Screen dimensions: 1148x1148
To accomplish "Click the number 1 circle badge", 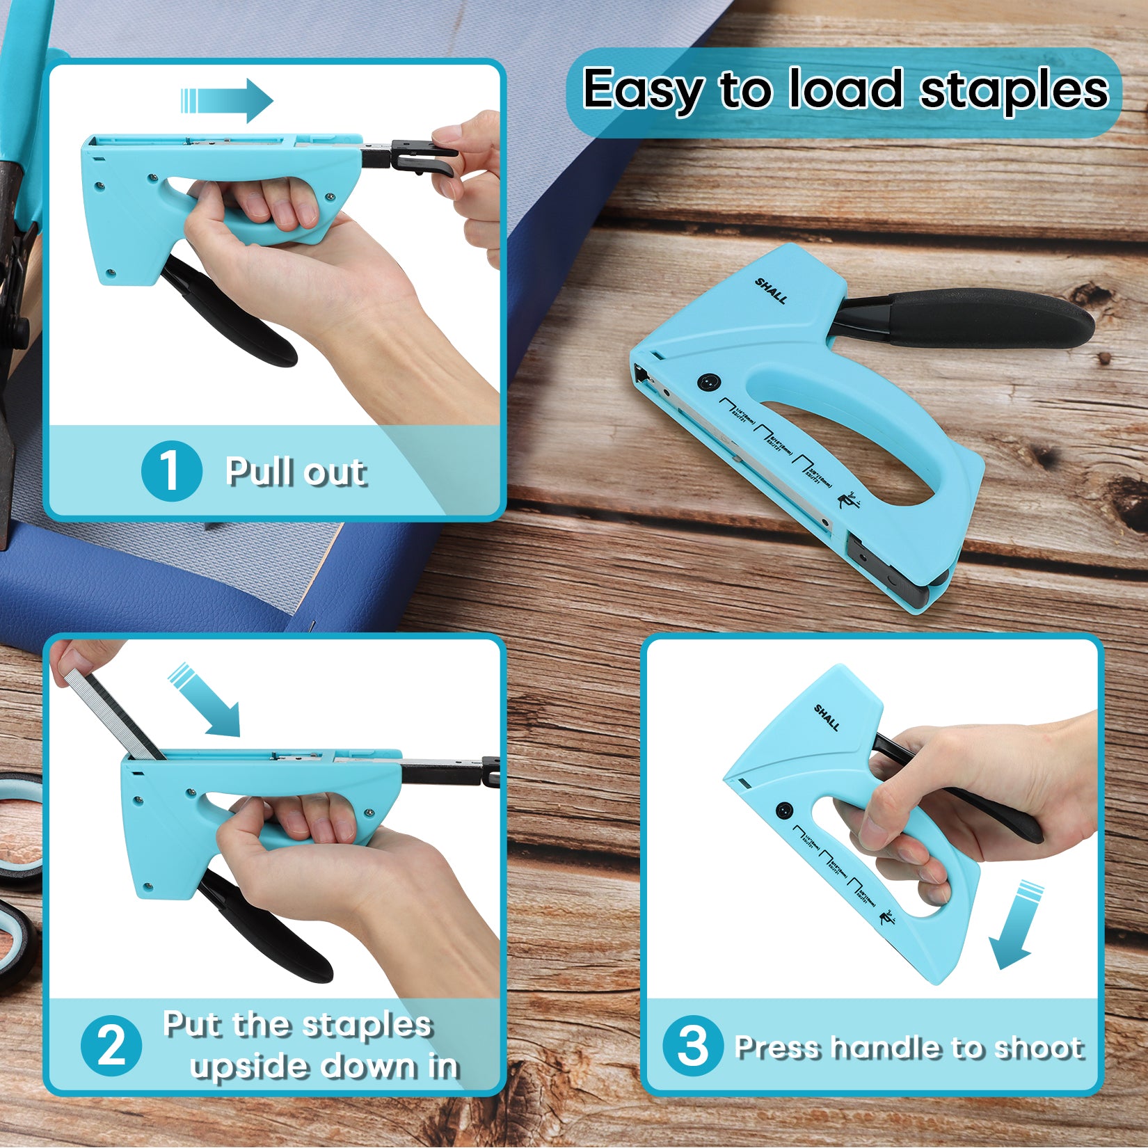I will click(171, 471).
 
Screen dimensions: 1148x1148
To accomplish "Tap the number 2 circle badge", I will click(111, 1045).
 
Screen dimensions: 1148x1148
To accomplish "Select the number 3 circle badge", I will click(692, 1045).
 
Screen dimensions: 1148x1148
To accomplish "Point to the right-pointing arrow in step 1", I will click(228, 101).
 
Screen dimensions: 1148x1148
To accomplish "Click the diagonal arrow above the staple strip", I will click(207, 701).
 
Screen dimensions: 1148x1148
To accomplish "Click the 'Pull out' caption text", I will click(295, 472).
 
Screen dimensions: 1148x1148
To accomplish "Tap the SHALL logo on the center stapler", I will click(771, 291).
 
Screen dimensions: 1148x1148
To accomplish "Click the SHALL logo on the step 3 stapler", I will click(827, 717).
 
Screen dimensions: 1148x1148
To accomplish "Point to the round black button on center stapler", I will click(708, 382).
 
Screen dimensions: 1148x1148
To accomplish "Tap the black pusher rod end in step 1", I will click(422, 157).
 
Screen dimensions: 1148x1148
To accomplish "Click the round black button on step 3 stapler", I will click(784, 810).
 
